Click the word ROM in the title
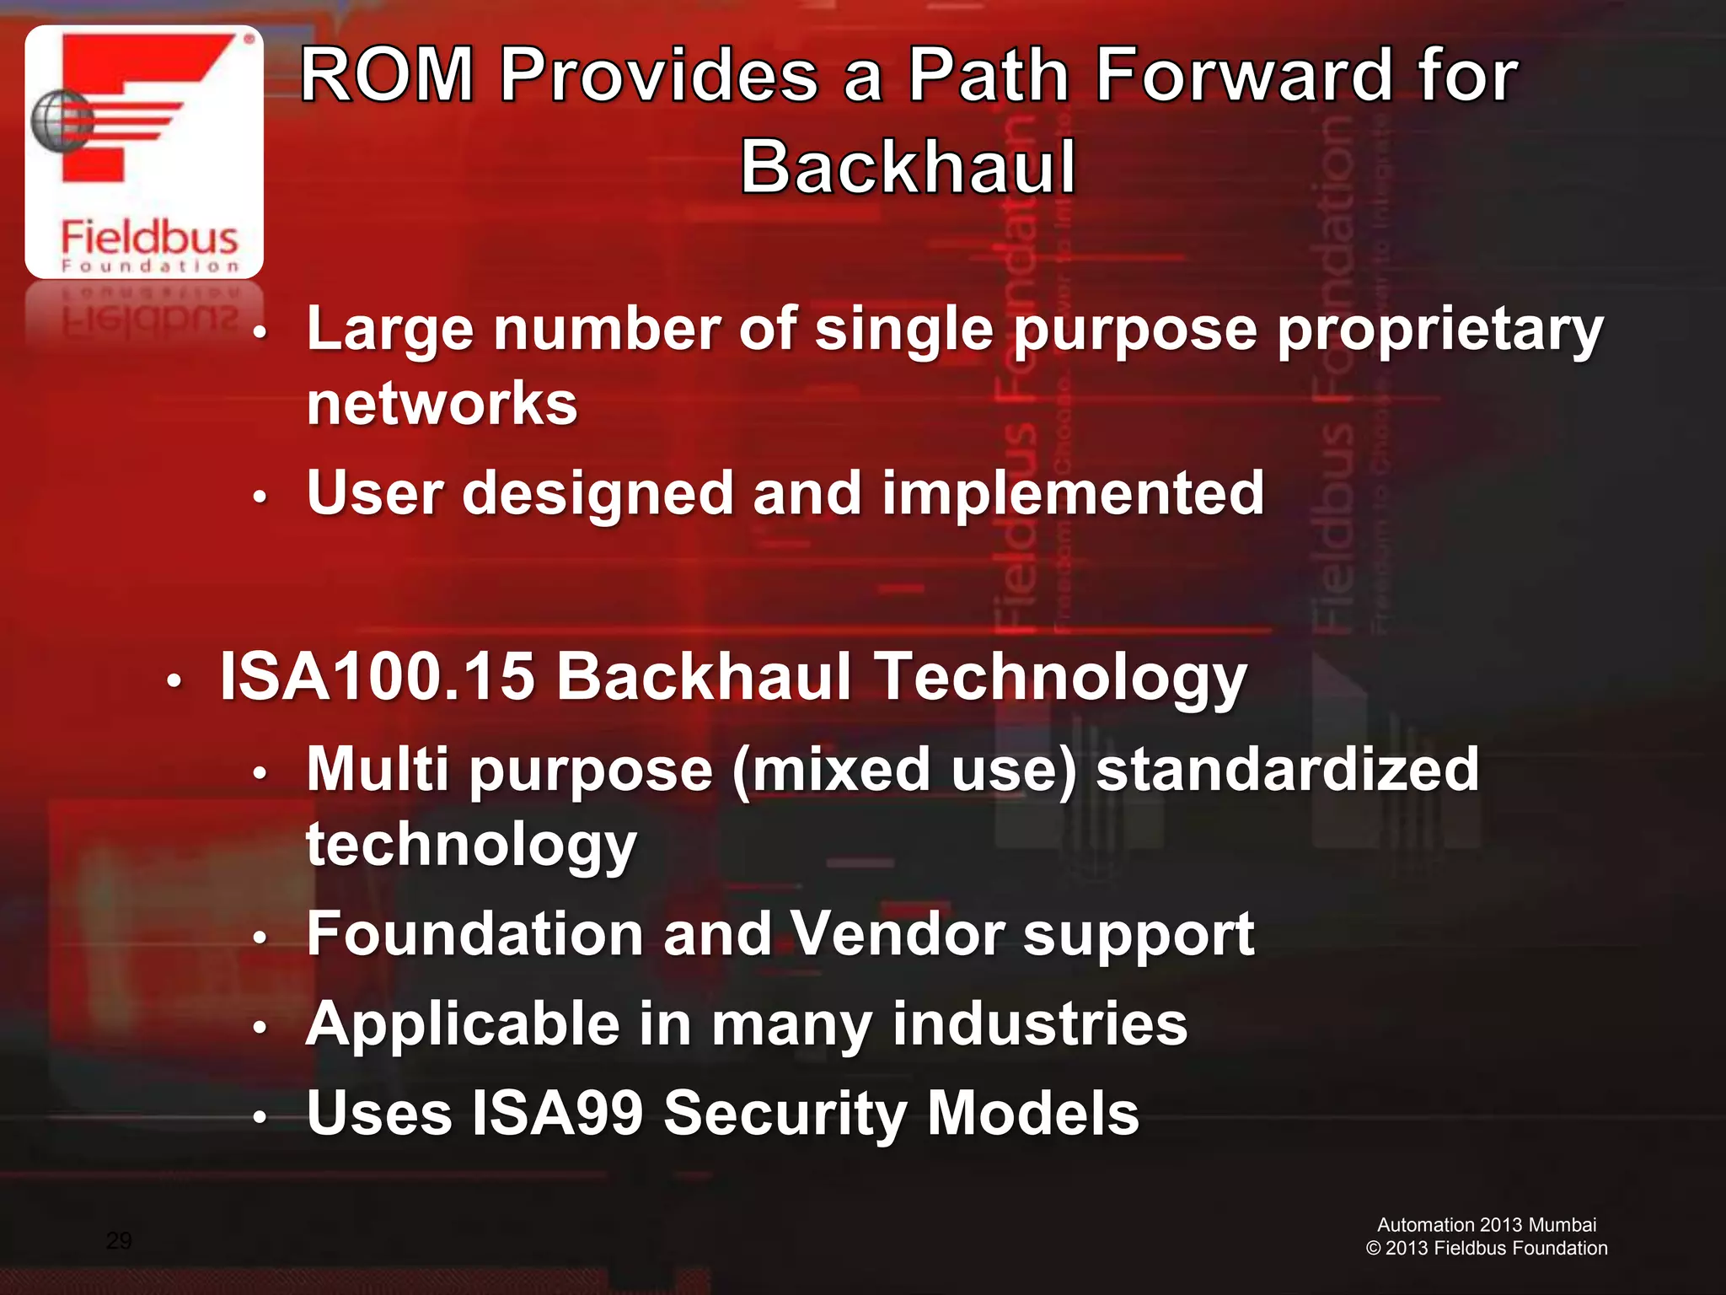click(388, 76)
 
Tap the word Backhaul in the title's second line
click(909, 167)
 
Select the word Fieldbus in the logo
click(149, 237)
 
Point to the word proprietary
click(1439, 330)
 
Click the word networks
click(442, 403)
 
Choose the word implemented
click(1072, 493)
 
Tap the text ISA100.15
click(377, 677)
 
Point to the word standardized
click(1287, 770)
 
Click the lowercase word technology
click(471, 845)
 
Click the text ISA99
click(557, 1114)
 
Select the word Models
click(1032, 1114)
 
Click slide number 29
click(119, 1240)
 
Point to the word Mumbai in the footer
click(1562, 1225)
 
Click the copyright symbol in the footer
click(1373, 1249)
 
